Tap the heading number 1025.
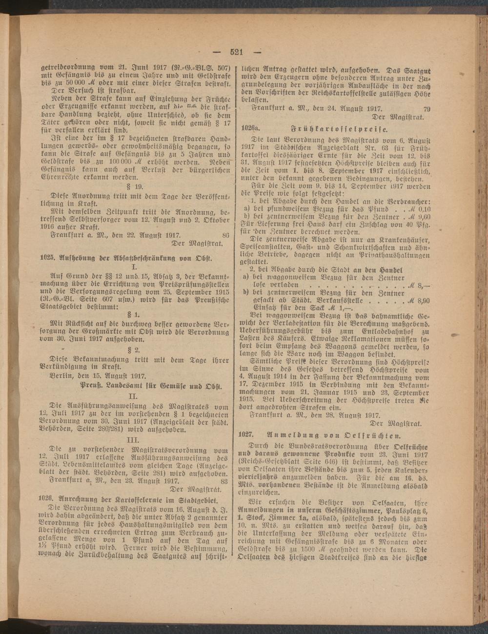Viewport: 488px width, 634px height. pyautogui.click(x=46, y=256)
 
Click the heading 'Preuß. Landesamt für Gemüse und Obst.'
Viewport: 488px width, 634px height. pyautogui.click(x=150, y=386)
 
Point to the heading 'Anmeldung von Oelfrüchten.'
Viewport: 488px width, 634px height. pyautogui.click(x=334, y=433)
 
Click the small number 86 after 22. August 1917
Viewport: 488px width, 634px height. pyautogui.click(x=225, y=235)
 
